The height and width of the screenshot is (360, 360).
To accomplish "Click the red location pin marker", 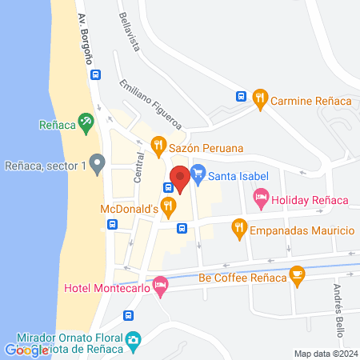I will point(179,178).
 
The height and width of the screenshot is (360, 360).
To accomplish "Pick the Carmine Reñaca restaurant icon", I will point(258,100).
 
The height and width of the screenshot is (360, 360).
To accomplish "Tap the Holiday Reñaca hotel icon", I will point(260,198).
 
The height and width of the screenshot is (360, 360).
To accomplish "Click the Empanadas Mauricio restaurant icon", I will point(238,230).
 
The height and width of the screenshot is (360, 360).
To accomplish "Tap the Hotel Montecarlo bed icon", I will point(160,284).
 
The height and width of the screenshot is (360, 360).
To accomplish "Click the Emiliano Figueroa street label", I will point(150,105).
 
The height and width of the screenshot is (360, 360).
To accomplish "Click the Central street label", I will point(138,167).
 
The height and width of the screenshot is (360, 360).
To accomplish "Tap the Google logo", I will point(26,350).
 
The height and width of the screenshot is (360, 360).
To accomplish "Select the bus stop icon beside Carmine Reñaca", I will point(241,96).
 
